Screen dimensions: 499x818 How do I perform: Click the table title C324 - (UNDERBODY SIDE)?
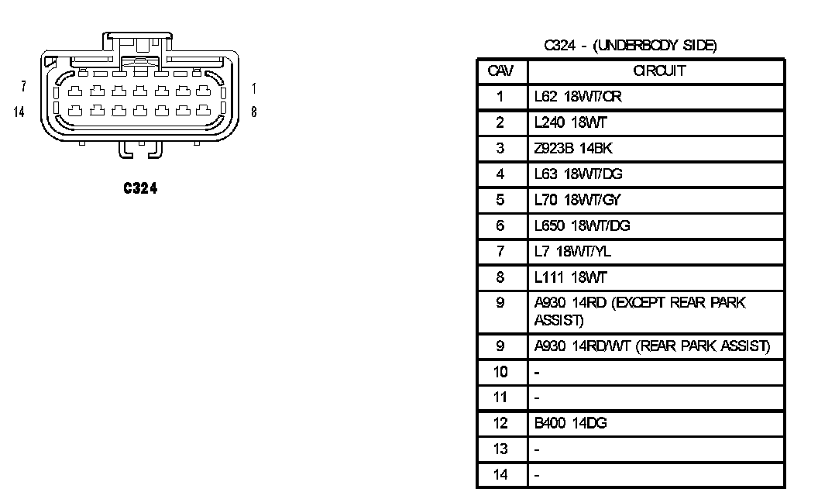pos(630,46)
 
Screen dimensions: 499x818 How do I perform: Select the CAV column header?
pos(500,71)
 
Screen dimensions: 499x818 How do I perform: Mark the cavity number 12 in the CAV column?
pos(500,423)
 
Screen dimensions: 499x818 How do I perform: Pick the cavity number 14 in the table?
pos(500,474)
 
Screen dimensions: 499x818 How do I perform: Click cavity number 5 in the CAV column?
pos(500,200)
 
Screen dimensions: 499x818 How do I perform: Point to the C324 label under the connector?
pos(139,188)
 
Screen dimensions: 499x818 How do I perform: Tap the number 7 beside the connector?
pos(24,85)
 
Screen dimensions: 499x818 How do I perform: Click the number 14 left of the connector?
pos(19,112)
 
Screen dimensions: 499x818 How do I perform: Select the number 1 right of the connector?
pos(254,88)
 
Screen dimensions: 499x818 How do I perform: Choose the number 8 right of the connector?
pos(254,112)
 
